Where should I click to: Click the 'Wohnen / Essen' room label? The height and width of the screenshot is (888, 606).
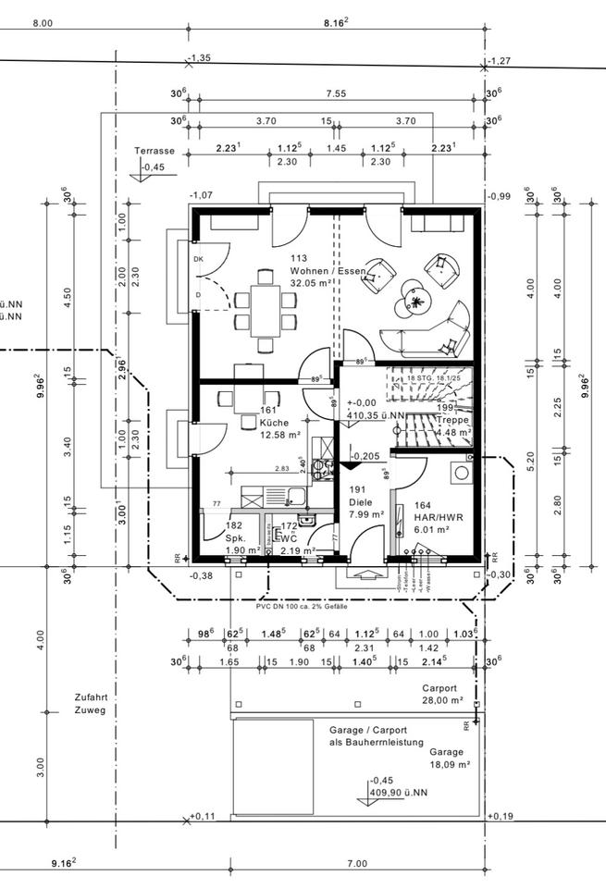coord(328,271)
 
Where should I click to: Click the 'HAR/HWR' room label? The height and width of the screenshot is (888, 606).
coord(434,516)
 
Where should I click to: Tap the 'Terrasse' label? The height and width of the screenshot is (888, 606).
coord(154,150)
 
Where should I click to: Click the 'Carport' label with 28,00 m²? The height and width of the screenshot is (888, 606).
coord(439,688)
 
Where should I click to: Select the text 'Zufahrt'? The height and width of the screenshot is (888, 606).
coord(92,697)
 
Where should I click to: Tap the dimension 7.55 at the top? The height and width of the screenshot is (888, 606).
coord(336,93)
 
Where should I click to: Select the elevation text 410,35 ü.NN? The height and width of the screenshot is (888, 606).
coord(375,415)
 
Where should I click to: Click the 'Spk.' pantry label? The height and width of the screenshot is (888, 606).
coord(235,536)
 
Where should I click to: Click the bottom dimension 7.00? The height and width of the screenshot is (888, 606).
coord(356,864)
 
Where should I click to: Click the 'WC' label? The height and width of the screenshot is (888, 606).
coord(290,538)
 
